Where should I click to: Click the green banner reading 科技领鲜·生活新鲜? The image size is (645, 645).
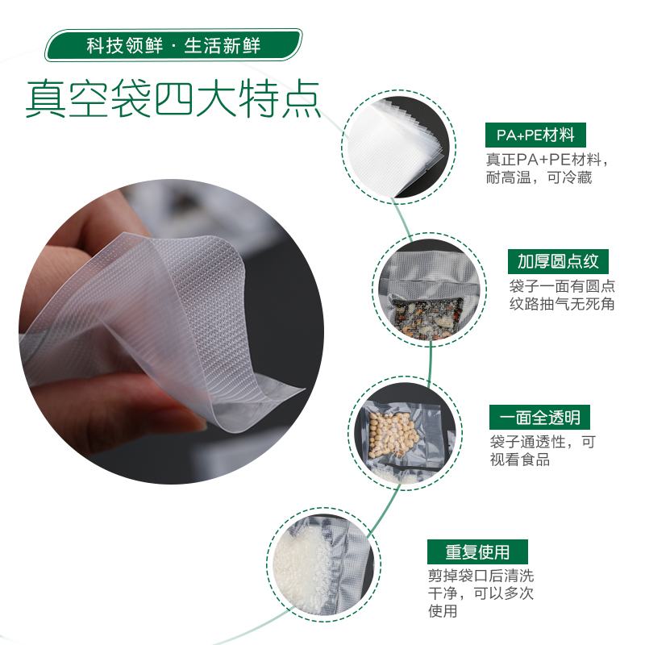173,45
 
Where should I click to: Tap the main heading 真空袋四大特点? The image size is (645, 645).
173,99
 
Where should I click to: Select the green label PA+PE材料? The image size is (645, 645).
535,135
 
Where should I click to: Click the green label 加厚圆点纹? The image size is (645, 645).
558,261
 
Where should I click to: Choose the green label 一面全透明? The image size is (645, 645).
539,417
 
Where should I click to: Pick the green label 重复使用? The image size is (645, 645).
477,551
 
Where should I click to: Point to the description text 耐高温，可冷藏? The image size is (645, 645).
539,177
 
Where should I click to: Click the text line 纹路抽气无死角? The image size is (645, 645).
562,304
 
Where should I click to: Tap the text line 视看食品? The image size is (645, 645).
520,460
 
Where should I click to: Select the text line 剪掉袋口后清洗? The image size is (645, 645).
481,576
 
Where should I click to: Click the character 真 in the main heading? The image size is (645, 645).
46,99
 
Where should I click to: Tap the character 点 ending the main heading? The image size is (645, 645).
301,99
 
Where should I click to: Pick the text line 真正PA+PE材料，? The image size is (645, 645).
547,160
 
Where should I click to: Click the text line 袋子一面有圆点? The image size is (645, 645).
562,286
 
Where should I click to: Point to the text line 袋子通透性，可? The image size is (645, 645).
543,442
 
